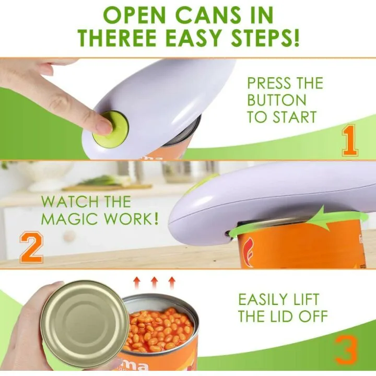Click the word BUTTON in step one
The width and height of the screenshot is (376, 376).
[277, 100]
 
